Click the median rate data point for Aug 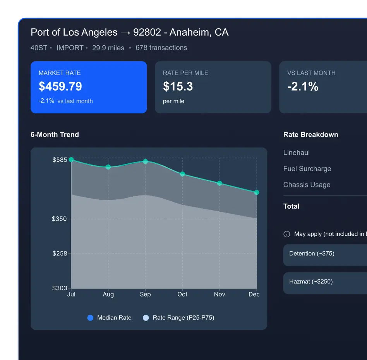108,167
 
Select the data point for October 182,174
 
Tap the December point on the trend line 256,192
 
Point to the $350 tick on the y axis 59,219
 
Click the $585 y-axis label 60,159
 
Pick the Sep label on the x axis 145,294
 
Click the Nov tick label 220,294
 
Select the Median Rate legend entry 110,318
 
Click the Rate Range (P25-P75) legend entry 178,318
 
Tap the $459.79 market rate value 60,86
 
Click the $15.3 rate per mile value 178,86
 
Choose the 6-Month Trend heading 55,135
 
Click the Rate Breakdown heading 310,135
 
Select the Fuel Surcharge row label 307,169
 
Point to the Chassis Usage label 307,185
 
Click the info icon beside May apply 287,234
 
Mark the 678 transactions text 161,48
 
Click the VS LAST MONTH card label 311,73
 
